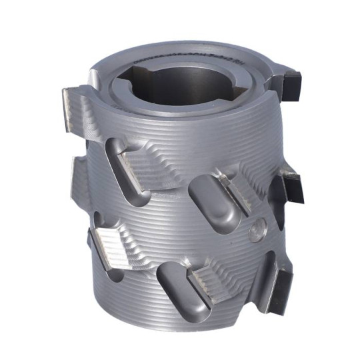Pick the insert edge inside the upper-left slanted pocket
(133, 164)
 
